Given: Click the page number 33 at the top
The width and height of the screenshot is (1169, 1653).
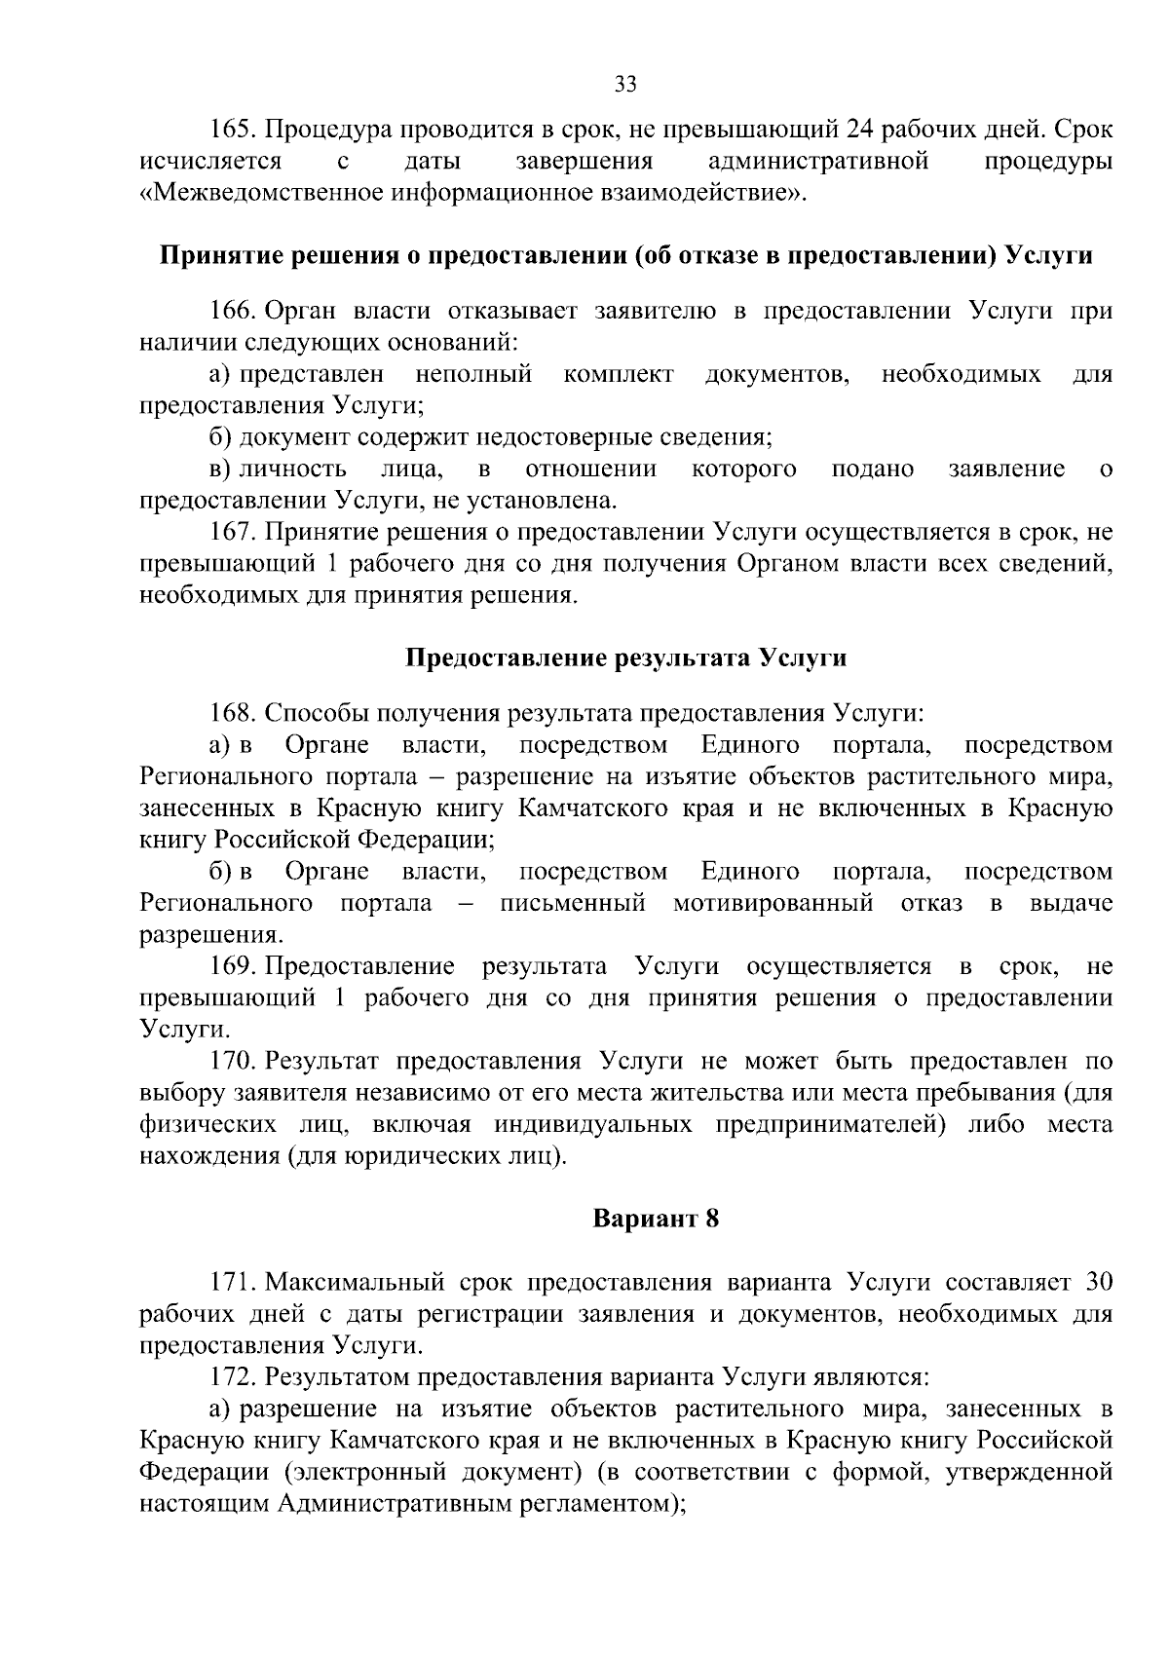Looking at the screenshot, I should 625,85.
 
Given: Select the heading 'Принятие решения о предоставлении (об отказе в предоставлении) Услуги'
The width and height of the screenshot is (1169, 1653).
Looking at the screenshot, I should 625,256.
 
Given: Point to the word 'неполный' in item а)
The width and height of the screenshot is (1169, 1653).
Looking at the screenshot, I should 473,374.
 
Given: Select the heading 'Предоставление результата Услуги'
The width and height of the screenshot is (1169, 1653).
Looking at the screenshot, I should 625,658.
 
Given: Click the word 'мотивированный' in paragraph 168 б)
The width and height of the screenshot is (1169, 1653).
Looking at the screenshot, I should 773,903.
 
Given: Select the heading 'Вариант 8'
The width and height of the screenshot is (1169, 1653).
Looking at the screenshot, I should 656,1219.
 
